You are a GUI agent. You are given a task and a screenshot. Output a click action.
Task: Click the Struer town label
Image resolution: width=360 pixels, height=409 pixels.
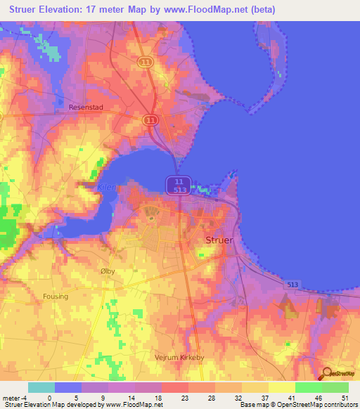[219, 240]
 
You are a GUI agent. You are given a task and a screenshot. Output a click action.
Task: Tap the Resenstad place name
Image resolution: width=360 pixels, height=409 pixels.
[86, 108]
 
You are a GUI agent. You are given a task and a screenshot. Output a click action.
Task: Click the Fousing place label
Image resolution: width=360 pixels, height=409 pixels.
[55, 297]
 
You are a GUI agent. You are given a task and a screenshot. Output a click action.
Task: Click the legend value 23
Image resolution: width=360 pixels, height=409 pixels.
[166, 397]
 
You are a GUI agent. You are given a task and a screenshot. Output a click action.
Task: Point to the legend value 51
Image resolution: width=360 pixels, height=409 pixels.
[345, 397]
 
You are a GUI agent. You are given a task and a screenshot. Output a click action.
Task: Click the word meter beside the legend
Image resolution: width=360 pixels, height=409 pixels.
[11, 397]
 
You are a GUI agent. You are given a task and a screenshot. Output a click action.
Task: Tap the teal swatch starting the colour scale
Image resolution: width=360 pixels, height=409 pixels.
[41, 387]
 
